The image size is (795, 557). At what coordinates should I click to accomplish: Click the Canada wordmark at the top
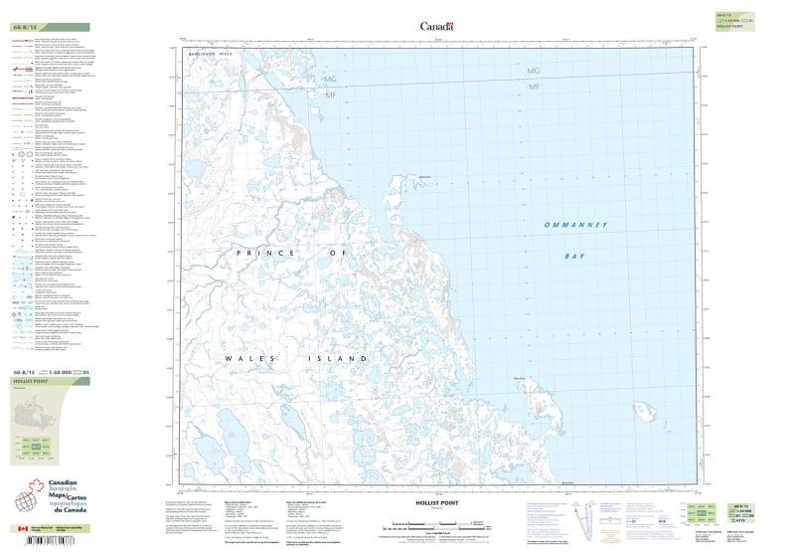click(436, 27)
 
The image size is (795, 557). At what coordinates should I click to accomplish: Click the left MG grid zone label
click(330, 78)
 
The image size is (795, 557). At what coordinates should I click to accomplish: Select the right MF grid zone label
click(534, 89)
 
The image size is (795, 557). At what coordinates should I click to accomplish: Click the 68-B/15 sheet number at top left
click(25, 27)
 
